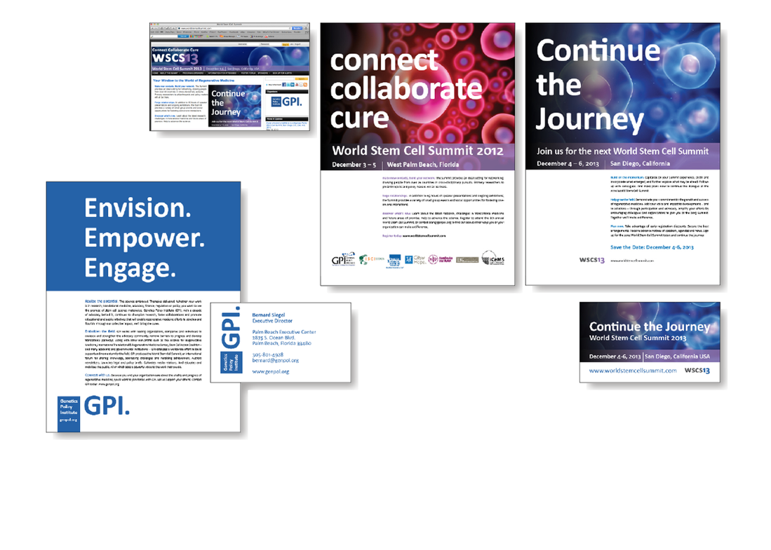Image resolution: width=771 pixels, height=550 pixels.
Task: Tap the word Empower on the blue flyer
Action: point(145,238)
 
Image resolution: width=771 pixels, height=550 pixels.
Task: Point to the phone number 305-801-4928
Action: point(269,354)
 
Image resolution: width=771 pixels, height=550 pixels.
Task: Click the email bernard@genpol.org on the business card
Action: point(276,360)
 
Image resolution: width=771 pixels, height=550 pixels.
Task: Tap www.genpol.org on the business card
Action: point(271,371)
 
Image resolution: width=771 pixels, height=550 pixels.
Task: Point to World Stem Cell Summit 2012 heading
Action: point(408,150)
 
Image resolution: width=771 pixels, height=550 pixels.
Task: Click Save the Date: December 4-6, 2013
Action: point(652,247)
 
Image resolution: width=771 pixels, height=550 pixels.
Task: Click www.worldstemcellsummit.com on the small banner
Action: point(633,370)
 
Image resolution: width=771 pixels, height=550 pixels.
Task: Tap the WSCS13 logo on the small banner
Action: point(697,370)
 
